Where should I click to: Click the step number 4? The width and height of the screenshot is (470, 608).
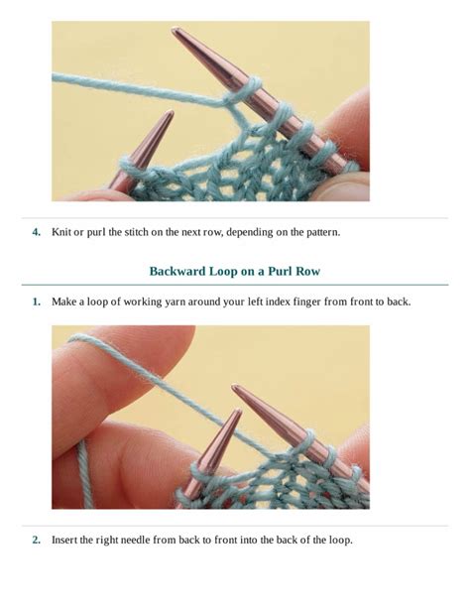[x=36, y=232]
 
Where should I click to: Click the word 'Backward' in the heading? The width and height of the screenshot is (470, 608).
[x=177, y=271]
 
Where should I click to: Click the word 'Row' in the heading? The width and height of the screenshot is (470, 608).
[x=307, y=271]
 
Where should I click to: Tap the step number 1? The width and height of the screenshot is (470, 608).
[x=36, y=302]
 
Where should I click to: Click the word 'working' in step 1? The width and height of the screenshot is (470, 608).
[x=143, y=302]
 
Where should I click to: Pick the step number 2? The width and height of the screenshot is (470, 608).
[x=36, y=540]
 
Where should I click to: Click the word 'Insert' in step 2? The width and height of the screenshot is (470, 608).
[x=64, y=540]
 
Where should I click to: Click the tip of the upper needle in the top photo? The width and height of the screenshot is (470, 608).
[x=174, y=30]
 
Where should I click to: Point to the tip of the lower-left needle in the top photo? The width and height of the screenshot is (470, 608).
[x=171, y=112]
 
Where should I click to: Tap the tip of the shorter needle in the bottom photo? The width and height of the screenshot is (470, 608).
[x=239, y=411]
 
